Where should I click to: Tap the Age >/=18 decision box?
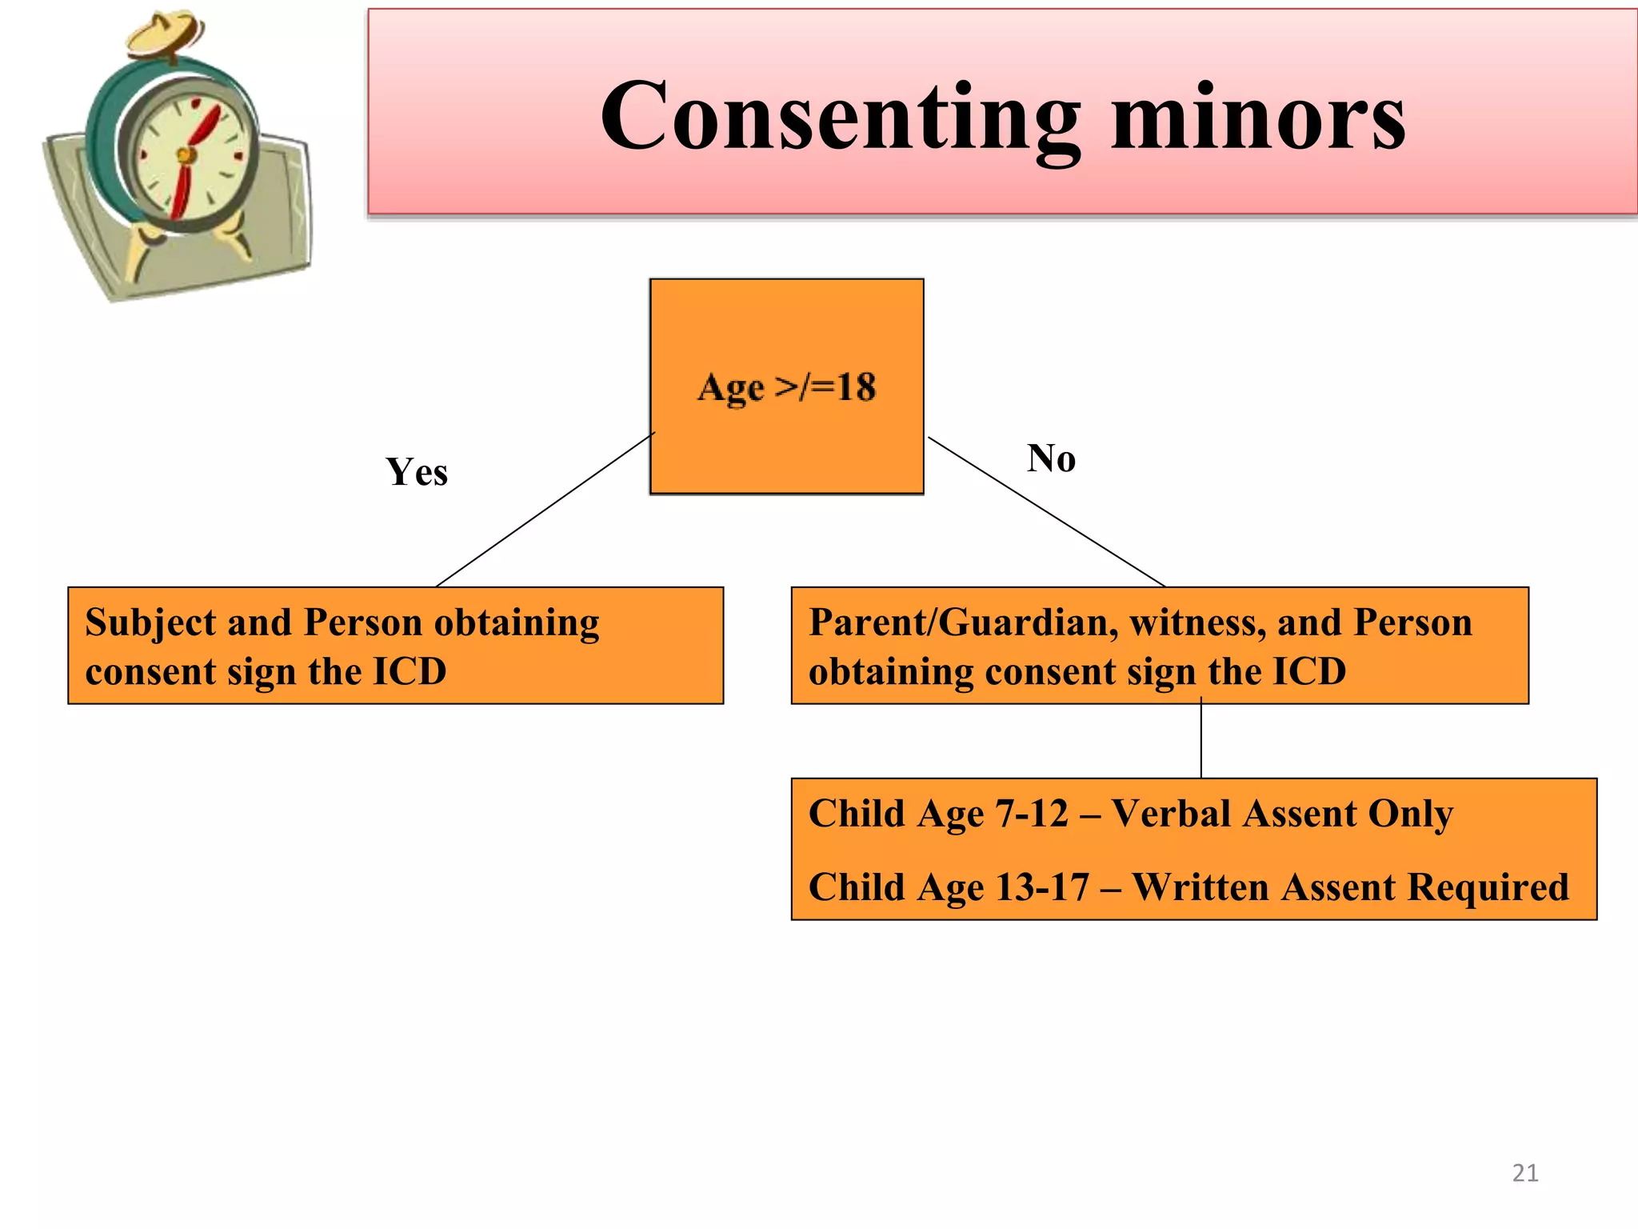tap(786, 386)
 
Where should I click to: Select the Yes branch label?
tap(417, 471)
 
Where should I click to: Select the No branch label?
tap(1051, 458)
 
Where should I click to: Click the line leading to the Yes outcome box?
tap(544, 510)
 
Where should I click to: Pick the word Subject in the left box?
tap(150, 622)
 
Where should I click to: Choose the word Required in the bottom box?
tap(1488, 887)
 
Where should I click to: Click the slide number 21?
tap(1524, 1173)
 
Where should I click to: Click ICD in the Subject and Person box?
tap(409, 671)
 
